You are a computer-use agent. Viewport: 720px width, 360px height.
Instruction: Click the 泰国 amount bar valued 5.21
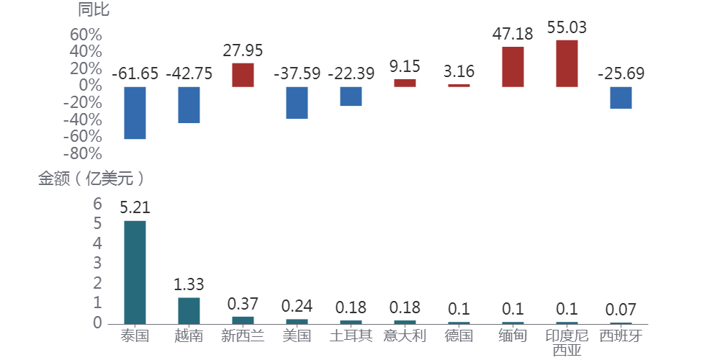tap(135, 271)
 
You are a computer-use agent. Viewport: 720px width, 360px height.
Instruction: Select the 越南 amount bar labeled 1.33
tap(189, 310)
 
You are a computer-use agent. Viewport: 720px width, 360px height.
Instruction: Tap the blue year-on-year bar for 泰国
tap(135, 113)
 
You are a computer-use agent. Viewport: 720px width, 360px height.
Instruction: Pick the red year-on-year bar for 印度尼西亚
tap(567, 63)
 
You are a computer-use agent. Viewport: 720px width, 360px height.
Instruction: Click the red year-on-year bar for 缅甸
tap(513, 67)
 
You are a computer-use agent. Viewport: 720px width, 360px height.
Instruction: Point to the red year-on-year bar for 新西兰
tap(243, 75)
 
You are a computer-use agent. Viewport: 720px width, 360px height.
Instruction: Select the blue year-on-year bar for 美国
tap(297, 102)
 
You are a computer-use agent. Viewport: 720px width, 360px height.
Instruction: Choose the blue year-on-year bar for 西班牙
tap(621, 97)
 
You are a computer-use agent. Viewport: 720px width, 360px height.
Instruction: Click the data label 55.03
tap(567, 28)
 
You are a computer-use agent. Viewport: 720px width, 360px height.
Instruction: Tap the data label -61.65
tap(135, 73)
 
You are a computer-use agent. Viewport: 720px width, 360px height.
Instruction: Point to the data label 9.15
tap(405, 67)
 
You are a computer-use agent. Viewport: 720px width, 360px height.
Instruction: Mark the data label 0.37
tap(243, 305)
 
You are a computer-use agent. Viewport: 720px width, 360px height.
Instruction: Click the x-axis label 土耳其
tap(351, 336)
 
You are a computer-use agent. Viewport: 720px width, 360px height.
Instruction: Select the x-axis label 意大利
tap(405, 336)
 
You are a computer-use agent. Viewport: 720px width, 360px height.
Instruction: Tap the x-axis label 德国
tap(459, 336)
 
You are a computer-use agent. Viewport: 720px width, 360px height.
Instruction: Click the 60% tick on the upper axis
tap(86, 35)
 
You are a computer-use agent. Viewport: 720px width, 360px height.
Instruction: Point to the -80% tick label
tap(82, 154)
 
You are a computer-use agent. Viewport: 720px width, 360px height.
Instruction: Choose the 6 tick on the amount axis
tap(98, 204)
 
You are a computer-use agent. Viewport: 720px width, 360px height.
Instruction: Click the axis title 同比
tap(94, 9)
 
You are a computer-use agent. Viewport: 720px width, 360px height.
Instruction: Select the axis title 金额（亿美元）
tap(91, 179)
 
